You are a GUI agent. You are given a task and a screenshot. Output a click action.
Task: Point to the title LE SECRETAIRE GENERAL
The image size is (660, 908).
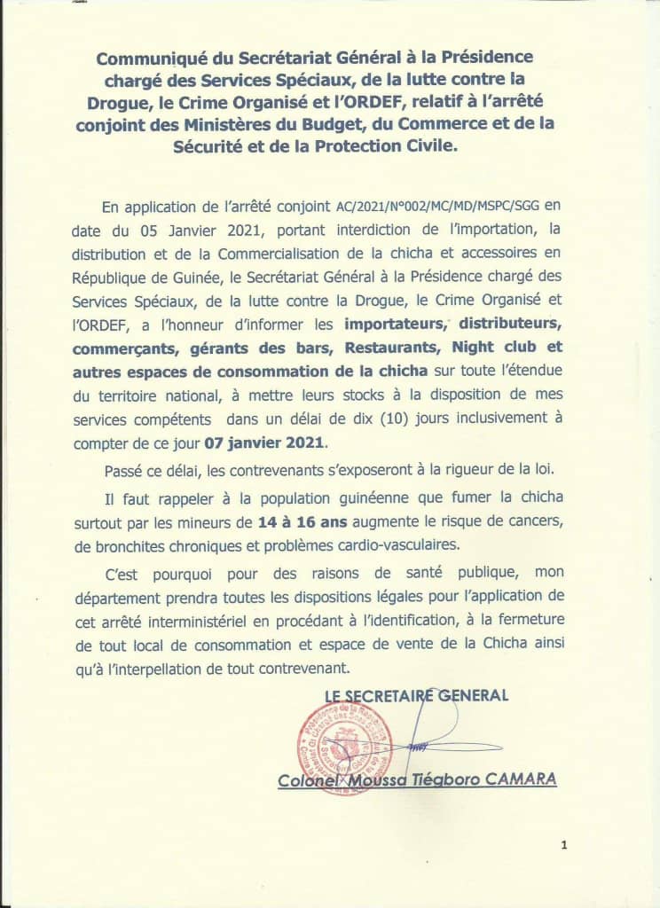point(416,696)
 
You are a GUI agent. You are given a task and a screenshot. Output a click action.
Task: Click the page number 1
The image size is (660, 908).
point(564,845)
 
